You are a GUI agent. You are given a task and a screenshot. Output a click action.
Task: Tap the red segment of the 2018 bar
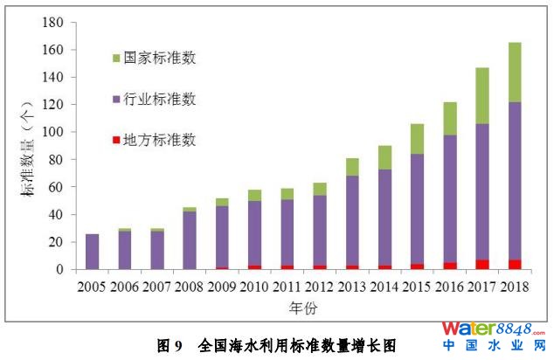point(516,264)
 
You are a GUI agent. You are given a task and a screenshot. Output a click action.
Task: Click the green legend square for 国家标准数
point(116,59)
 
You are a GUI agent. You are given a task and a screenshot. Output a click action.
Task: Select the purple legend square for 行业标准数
point(116,99)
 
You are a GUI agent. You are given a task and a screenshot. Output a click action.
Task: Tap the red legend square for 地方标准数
point(116,139)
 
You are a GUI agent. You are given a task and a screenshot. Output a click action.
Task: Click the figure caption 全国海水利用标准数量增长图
point(297,344)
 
